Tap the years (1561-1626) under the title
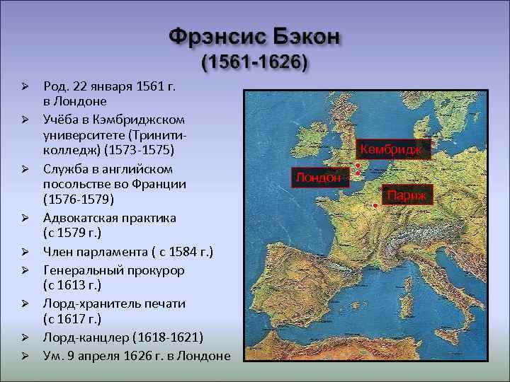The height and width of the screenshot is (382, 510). tap(255, 63)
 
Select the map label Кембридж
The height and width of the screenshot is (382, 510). tap(391, 150)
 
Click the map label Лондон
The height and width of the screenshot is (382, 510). tap(318, 178)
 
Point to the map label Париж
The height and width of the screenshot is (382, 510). tap(407, 194)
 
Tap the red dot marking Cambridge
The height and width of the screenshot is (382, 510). tap(358, 166)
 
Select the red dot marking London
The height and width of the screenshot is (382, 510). tap(358, 173)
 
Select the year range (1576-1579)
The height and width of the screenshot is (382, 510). tap(74, 200)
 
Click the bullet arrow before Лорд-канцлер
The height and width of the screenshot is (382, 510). tap(23, 337)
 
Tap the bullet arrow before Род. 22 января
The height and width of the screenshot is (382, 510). tap(23, 86)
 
